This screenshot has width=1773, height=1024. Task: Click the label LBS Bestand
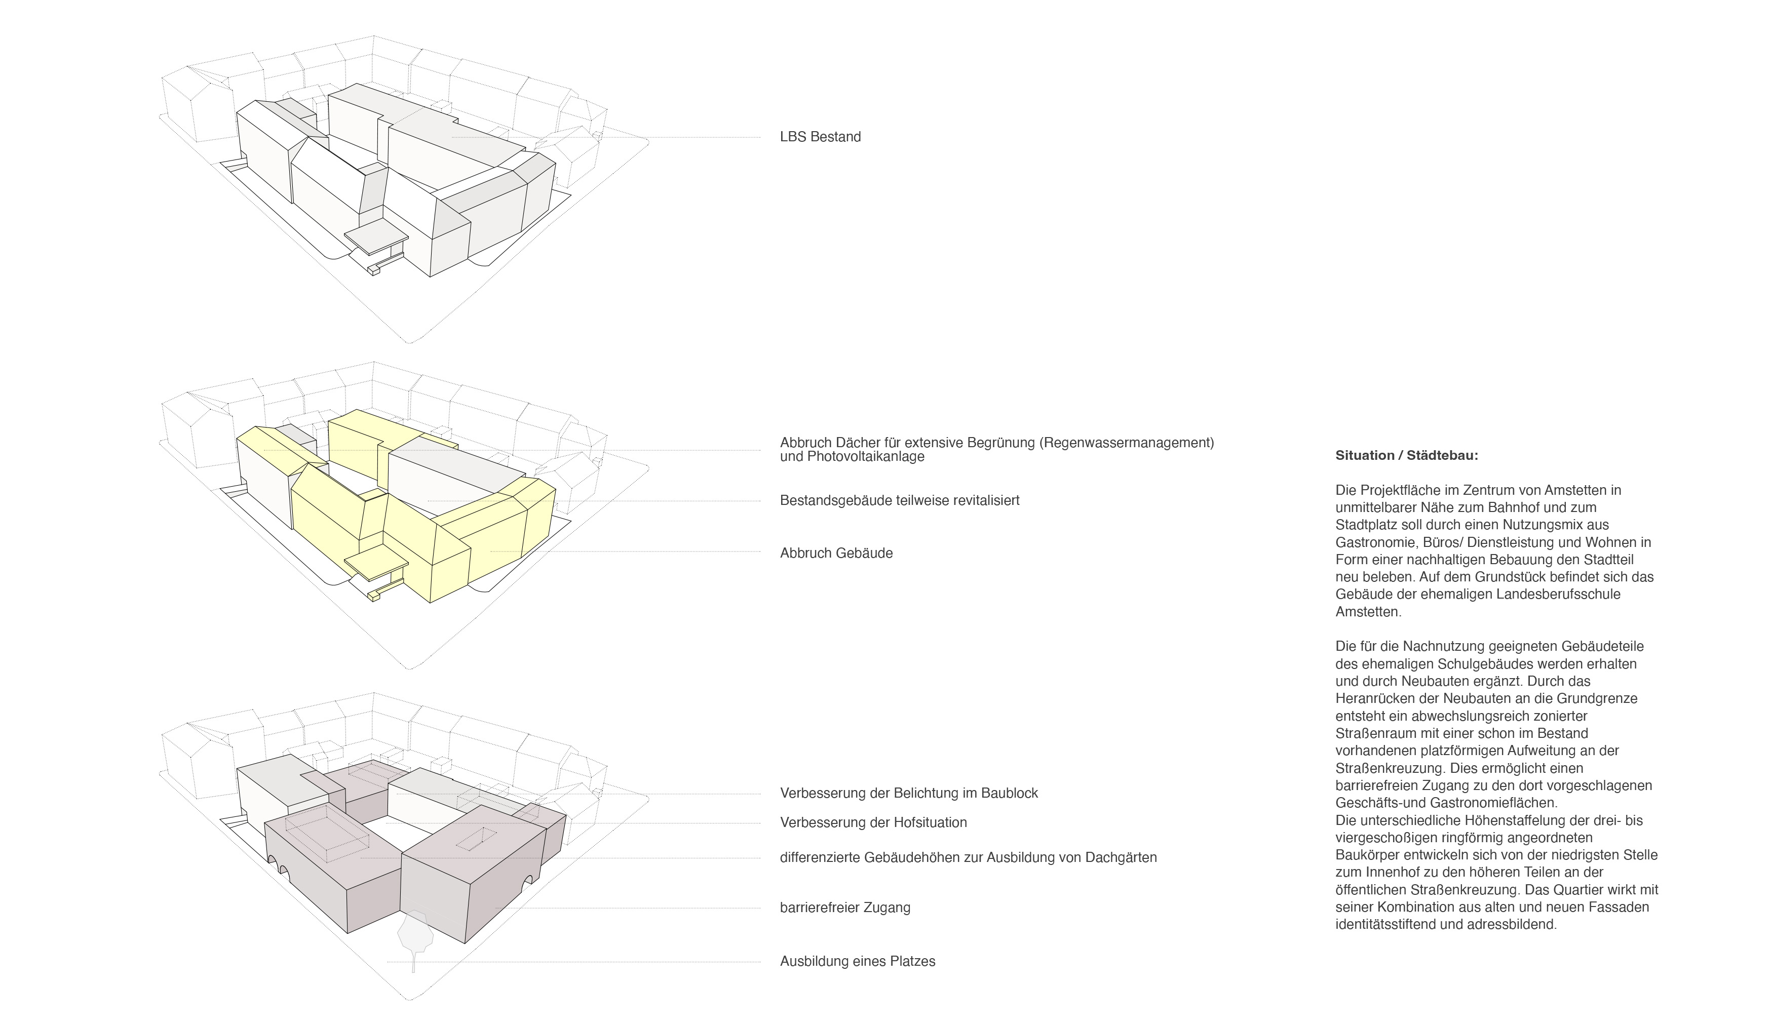pos(820,137)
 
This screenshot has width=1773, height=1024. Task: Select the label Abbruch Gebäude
pos(836,554)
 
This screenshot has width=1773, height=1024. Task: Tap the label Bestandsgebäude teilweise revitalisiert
pos(900,501)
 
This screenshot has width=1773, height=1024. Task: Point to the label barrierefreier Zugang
pos(844,908)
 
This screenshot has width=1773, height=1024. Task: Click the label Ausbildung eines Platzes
pos(857,961)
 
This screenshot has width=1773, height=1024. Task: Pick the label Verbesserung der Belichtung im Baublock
pos(909,793)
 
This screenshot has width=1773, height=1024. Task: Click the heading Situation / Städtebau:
pos(1407,456)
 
